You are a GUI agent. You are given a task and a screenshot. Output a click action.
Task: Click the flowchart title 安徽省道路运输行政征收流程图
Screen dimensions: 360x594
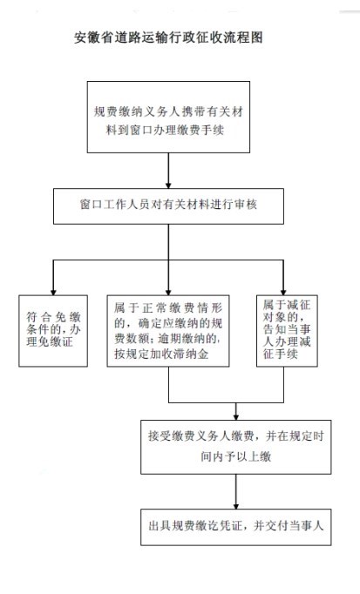pos(168,37)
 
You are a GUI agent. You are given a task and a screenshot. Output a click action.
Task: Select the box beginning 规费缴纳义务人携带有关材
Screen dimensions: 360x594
pos(168,117)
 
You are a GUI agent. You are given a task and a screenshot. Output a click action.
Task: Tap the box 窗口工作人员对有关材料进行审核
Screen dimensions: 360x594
pos(168,206)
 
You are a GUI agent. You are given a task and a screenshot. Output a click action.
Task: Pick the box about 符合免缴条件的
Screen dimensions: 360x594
pos(53,331)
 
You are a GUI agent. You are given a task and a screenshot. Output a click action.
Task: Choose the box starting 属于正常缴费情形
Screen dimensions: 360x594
pos(168,331)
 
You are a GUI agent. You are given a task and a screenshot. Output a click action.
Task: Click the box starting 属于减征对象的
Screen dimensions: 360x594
pos(287,331)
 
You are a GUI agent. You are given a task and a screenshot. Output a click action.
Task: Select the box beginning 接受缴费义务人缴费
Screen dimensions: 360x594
pos(236,447)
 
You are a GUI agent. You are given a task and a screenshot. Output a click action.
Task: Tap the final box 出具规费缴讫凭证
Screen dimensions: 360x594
pos(236,527)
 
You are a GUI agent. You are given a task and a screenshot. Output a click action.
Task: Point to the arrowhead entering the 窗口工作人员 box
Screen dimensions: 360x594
pos(168,186)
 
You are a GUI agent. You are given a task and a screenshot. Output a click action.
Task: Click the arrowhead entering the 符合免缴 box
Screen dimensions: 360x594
pos(53,292)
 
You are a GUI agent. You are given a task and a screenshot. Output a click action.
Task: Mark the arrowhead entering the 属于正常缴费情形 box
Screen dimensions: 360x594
pos(168,292)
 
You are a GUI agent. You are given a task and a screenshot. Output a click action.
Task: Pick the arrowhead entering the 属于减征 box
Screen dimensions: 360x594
pos(283,292)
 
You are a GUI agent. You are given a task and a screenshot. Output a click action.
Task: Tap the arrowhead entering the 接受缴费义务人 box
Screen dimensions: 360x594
pos(236,416)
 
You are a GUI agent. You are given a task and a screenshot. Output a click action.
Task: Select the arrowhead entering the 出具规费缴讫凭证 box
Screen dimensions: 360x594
pos(236,506)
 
